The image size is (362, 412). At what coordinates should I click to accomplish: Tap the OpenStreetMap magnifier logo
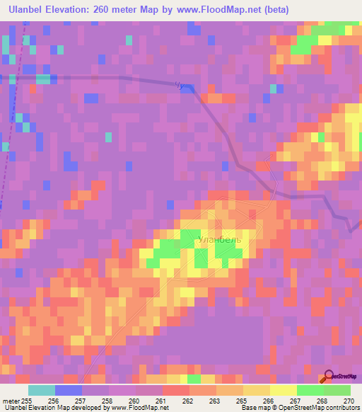tap(329, 377)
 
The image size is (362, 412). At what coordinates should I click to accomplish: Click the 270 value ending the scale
tap(348, 400)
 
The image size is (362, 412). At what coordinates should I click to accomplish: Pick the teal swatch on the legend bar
tap(42, 390)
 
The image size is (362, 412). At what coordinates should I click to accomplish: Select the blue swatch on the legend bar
tap(69, 390)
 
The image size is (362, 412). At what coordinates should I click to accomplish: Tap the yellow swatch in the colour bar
tap(283, 390)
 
